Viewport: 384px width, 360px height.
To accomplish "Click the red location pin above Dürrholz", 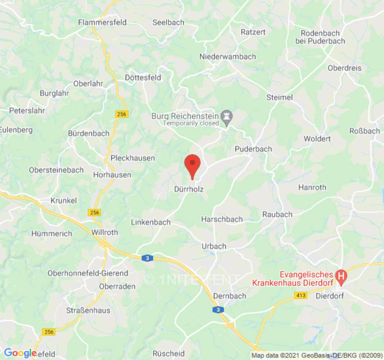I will tap(193, 164).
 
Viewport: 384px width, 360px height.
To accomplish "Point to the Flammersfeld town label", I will tap(102, 22).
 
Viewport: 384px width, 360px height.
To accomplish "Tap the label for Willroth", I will tap(104, 233).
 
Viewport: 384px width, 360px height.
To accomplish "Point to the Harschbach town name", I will tap(222, 219).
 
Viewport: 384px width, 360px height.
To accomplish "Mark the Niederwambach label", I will tap(227, 56).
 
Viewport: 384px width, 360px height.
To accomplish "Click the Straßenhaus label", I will tap(88, 310).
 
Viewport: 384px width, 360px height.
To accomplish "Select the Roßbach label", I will tap(364, 131).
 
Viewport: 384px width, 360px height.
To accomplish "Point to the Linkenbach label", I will tap(151, 222).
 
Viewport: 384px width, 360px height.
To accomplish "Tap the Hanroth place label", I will tap(312, 187).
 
